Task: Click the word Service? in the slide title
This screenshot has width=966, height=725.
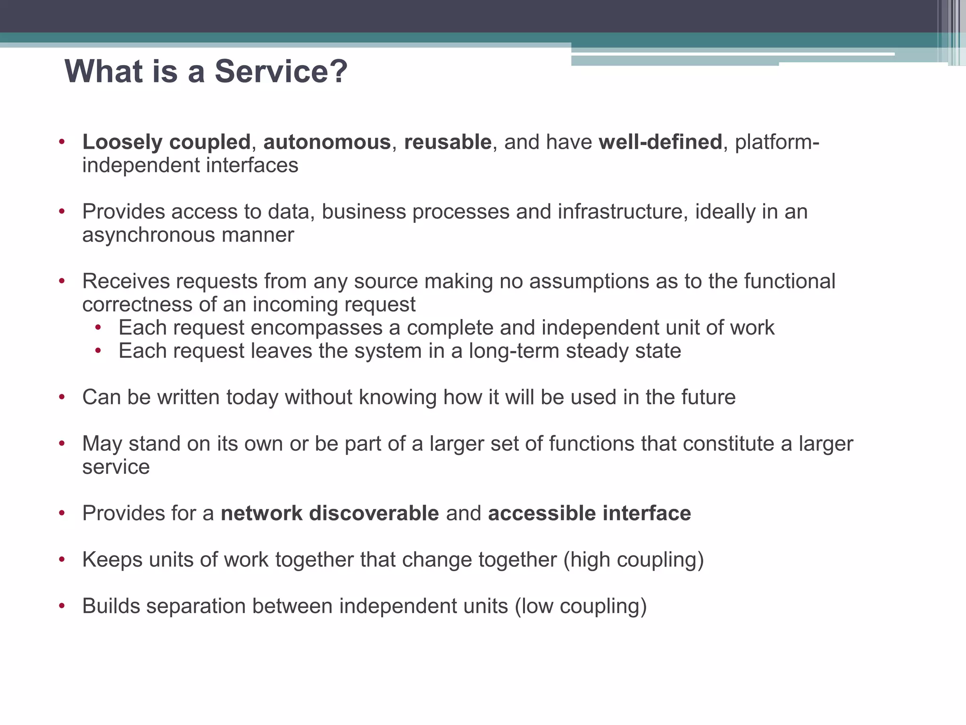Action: (x=281, y=72)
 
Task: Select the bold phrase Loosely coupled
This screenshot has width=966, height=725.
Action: (x=166, y=142)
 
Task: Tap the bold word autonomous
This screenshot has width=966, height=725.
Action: (x=327, y=142)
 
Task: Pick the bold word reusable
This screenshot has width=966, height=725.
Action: (x=448, y=142)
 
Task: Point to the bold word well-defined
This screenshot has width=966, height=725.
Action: (x=660, y=142)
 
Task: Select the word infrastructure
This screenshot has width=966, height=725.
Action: (x=620, y=212)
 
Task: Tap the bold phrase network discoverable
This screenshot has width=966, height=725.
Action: (x=330, y=513)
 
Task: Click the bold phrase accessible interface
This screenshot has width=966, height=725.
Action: (x=590, y=513)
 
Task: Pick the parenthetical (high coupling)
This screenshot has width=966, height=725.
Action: (x=633, y=560)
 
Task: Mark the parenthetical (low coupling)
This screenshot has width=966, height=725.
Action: (x=581, y=606)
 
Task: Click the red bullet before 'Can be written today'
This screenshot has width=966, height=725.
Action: (x=62, y=397)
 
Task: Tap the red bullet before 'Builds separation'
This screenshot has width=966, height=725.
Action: (x=62, y=606)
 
